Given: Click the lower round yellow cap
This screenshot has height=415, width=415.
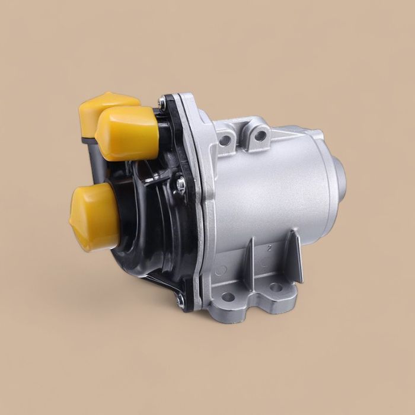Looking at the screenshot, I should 95,217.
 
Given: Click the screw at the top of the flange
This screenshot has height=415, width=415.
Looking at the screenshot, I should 162,103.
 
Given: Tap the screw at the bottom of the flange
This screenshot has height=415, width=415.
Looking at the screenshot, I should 180,300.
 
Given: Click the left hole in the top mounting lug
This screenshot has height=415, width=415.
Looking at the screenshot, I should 225,141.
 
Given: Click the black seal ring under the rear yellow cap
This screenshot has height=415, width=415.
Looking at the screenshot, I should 88,140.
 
